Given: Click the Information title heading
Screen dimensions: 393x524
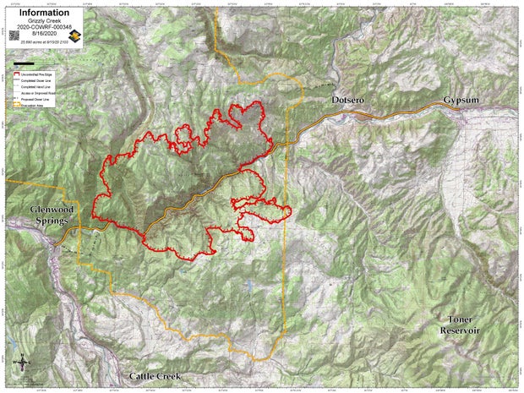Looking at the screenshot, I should click(41, 13).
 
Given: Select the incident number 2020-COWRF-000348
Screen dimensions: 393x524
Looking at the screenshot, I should click(41, 26).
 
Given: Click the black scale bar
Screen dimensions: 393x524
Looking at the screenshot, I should click(24, 63).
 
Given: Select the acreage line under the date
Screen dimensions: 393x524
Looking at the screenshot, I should click(41, 41).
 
